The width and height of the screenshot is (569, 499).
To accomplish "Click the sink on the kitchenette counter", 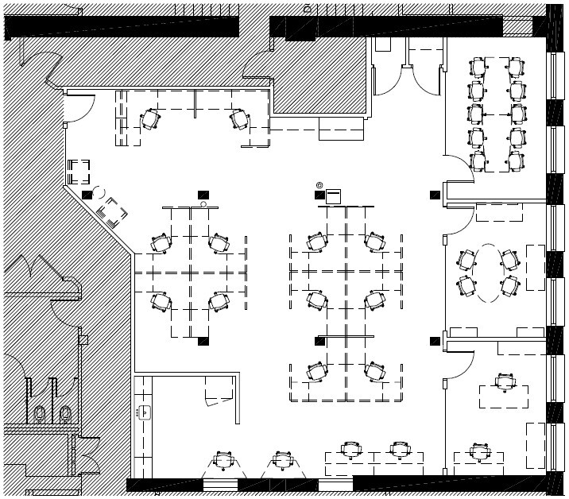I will click(145, 412).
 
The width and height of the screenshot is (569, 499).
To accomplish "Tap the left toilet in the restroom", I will click(40, 414).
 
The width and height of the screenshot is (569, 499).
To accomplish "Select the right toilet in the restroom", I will click(65, 414).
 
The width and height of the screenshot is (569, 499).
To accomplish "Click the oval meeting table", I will click(487, 272).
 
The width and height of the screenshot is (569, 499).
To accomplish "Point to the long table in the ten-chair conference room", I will click(497, 114).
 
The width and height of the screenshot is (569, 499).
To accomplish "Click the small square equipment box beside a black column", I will click(334, 195).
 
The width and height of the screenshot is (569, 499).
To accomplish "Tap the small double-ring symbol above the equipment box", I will click(319, 185).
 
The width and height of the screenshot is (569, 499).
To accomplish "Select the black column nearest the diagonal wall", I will click(87, 195).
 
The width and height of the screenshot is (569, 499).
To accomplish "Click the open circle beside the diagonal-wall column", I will click(99, 192).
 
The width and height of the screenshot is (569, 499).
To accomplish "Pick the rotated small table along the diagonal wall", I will click(112, 212).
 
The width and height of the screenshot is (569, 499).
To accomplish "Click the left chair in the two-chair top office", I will click(150, 120).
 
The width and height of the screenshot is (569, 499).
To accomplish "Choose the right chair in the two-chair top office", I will click(239, 119).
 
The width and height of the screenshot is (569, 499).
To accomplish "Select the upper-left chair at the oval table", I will click(466, 260).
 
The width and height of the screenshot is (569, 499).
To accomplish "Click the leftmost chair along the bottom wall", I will click(224, 460).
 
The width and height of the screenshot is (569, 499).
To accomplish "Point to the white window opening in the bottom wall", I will click(220, 484).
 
